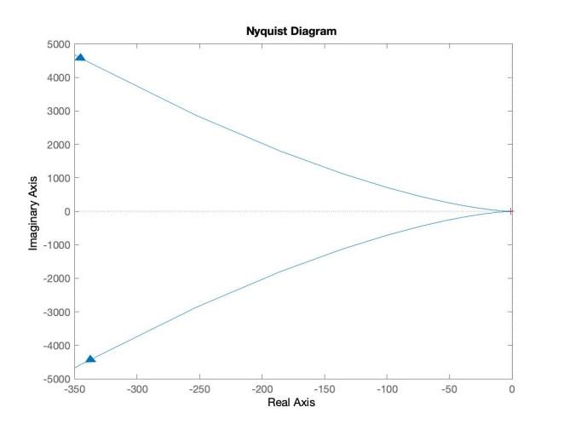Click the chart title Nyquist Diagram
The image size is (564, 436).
292,32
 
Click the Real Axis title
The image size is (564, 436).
292,403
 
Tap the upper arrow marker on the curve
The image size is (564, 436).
80,58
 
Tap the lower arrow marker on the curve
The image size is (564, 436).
90,359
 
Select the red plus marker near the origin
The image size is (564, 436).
510,211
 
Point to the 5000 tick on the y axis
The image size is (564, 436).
56,44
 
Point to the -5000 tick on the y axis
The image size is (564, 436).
55,379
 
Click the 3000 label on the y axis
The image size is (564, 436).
56,112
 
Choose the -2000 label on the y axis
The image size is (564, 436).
55,278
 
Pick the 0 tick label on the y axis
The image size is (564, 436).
65,212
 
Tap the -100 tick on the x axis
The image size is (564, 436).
386,390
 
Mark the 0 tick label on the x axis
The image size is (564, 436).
511,390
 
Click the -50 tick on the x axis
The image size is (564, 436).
449,390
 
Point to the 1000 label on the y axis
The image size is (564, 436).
56,179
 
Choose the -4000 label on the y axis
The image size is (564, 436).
55,346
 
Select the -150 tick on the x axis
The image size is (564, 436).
324,390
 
